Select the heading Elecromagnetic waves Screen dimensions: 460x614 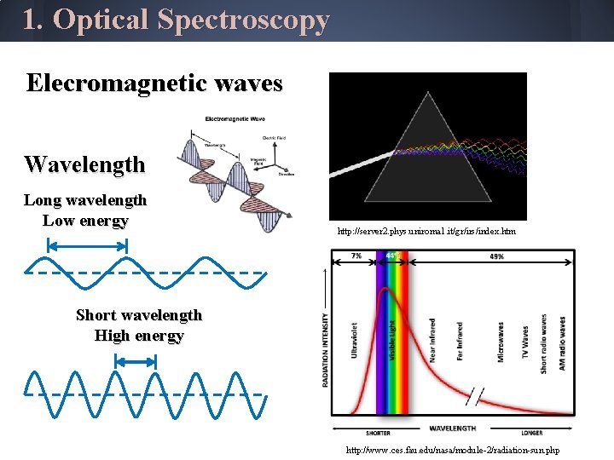click(154, 83)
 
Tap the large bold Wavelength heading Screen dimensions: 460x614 click(84, 164)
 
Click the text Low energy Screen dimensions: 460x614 click(85, 221)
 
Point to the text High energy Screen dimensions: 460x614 click(139, 336)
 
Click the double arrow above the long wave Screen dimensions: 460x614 click(87, 245)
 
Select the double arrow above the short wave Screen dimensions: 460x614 click(136, 362)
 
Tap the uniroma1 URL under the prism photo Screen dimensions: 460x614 click(426, 231)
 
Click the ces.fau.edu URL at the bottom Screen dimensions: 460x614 click(452, 449)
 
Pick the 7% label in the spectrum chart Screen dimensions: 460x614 click(355, 256)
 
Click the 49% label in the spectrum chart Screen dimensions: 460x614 click(496, 256)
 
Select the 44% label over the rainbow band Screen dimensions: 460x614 click(393, 256)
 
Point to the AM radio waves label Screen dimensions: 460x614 click(563, 342)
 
